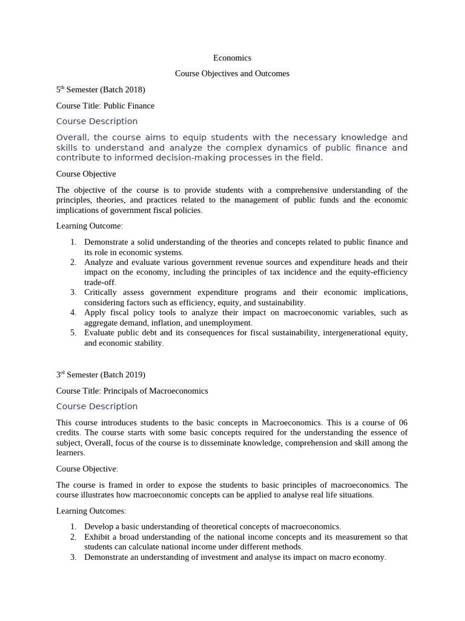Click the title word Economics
pos(232,58)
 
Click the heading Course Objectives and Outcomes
pos(232,73)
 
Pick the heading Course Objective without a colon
pos(86,174)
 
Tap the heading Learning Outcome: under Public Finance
pos(89,226)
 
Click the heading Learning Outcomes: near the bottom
pos(91,511)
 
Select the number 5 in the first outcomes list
pos(73,333)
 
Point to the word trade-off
pos(99,283)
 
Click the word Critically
pos(101,292)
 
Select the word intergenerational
pos(337,333)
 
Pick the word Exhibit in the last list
pos(97,537)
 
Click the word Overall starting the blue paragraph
pos(72,138)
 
